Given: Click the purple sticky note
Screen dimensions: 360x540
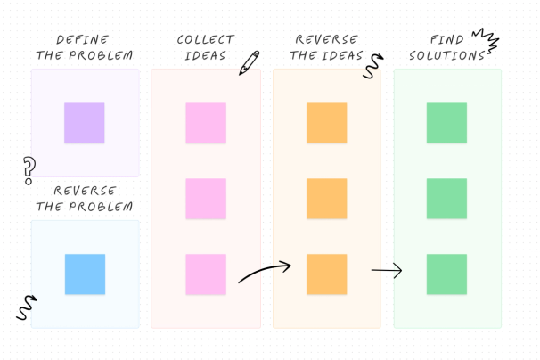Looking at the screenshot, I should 84,123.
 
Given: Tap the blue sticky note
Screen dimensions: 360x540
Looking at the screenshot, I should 85,274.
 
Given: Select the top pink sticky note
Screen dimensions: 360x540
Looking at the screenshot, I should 206,123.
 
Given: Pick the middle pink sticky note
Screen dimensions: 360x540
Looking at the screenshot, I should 206,199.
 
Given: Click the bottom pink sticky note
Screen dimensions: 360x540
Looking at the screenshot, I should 206,274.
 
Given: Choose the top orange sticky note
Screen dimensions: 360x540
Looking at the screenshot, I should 326,123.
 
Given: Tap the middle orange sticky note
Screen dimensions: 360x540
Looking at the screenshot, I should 326,199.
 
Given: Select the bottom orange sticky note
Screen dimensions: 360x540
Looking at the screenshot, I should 326,274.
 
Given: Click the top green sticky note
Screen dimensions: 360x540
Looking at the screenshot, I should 446,123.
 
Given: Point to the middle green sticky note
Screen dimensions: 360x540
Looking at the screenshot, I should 446,199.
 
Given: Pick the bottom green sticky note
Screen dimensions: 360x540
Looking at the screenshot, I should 446,274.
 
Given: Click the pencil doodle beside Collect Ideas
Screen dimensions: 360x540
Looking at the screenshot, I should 249,62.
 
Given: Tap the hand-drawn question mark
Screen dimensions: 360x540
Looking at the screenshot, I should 29,168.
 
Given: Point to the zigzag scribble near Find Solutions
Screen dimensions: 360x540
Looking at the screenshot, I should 486,40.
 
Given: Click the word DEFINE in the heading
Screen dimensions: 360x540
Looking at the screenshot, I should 83,40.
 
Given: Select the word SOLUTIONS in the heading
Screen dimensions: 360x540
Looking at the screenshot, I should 446,55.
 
